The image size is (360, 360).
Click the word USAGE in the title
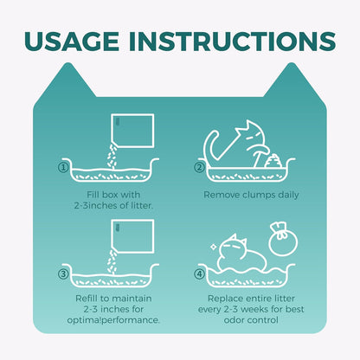(x=72, y=42)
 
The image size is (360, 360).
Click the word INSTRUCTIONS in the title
(x=232, y=42)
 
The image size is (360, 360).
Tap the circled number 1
(x=63, y=168)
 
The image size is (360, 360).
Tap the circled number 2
(x=199, y=168)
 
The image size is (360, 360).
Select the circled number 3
(x=63, y=273)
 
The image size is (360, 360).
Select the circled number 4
(x=199, y=273)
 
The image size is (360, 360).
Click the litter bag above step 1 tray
(x=133, y=132)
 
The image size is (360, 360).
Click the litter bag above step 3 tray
(x=133, y=236)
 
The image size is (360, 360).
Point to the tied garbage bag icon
(x=283, y=239)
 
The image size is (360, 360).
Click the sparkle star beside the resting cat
(x=214, y=247)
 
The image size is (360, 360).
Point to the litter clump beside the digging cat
(x=273, y=161)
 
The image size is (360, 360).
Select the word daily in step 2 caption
(x=288, y=196)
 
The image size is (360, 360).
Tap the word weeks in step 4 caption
(x=254, y=309)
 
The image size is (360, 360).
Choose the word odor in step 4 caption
(x=234, y=320)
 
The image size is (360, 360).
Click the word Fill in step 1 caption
(x=93, y=195)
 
